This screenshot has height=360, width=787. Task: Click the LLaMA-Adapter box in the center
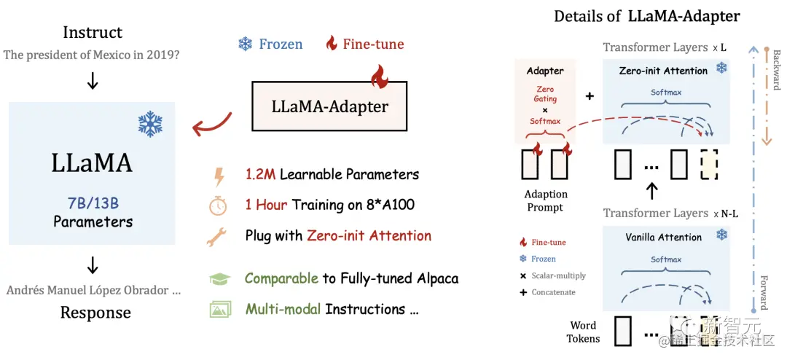(x=330, y=106)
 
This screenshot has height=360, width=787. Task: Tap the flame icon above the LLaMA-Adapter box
(x=378, y=74)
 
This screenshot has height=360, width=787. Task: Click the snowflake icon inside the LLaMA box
(x=150, y=124)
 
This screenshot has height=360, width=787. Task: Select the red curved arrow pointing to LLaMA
(x=211, y=125)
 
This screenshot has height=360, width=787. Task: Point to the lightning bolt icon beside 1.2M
(x=219, y=176)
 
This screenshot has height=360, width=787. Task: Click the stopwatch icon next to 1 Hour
(x=219, y=206)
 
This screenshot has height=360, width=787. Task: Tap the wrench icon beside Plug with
(x=219, y=236)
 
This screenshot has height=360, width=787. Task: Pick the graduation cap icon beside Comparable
(x=219, y=279)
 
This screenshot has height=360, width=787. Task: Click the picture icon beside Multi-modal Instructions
(x=219, y=309)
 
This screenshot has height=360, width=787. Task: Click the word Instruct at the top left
(x=93, y=32)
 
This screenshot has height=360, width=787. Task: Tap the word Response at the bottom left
(x=95, y=313)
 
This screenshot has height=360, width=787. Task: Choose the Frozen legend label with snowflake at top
(x=270, y=44)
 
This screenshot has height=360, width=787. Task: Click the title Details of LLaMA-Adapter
(x=647, y=16)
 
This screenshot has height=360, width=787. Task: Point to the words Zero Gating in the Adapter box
(x=545, y=94)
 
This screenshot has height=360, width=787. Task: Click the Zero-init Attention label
(x=663, y=71)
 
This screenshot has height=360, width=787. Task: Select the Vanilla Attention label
(x=663, y=237)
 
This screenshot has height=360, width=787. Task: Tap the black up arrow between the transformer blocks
(x=652, y=191)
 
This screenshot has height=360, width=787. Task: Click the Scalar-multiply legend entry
(x=553, y=275)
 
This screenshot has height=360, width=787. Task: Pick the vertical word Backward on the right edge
(x=777, y=70)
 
